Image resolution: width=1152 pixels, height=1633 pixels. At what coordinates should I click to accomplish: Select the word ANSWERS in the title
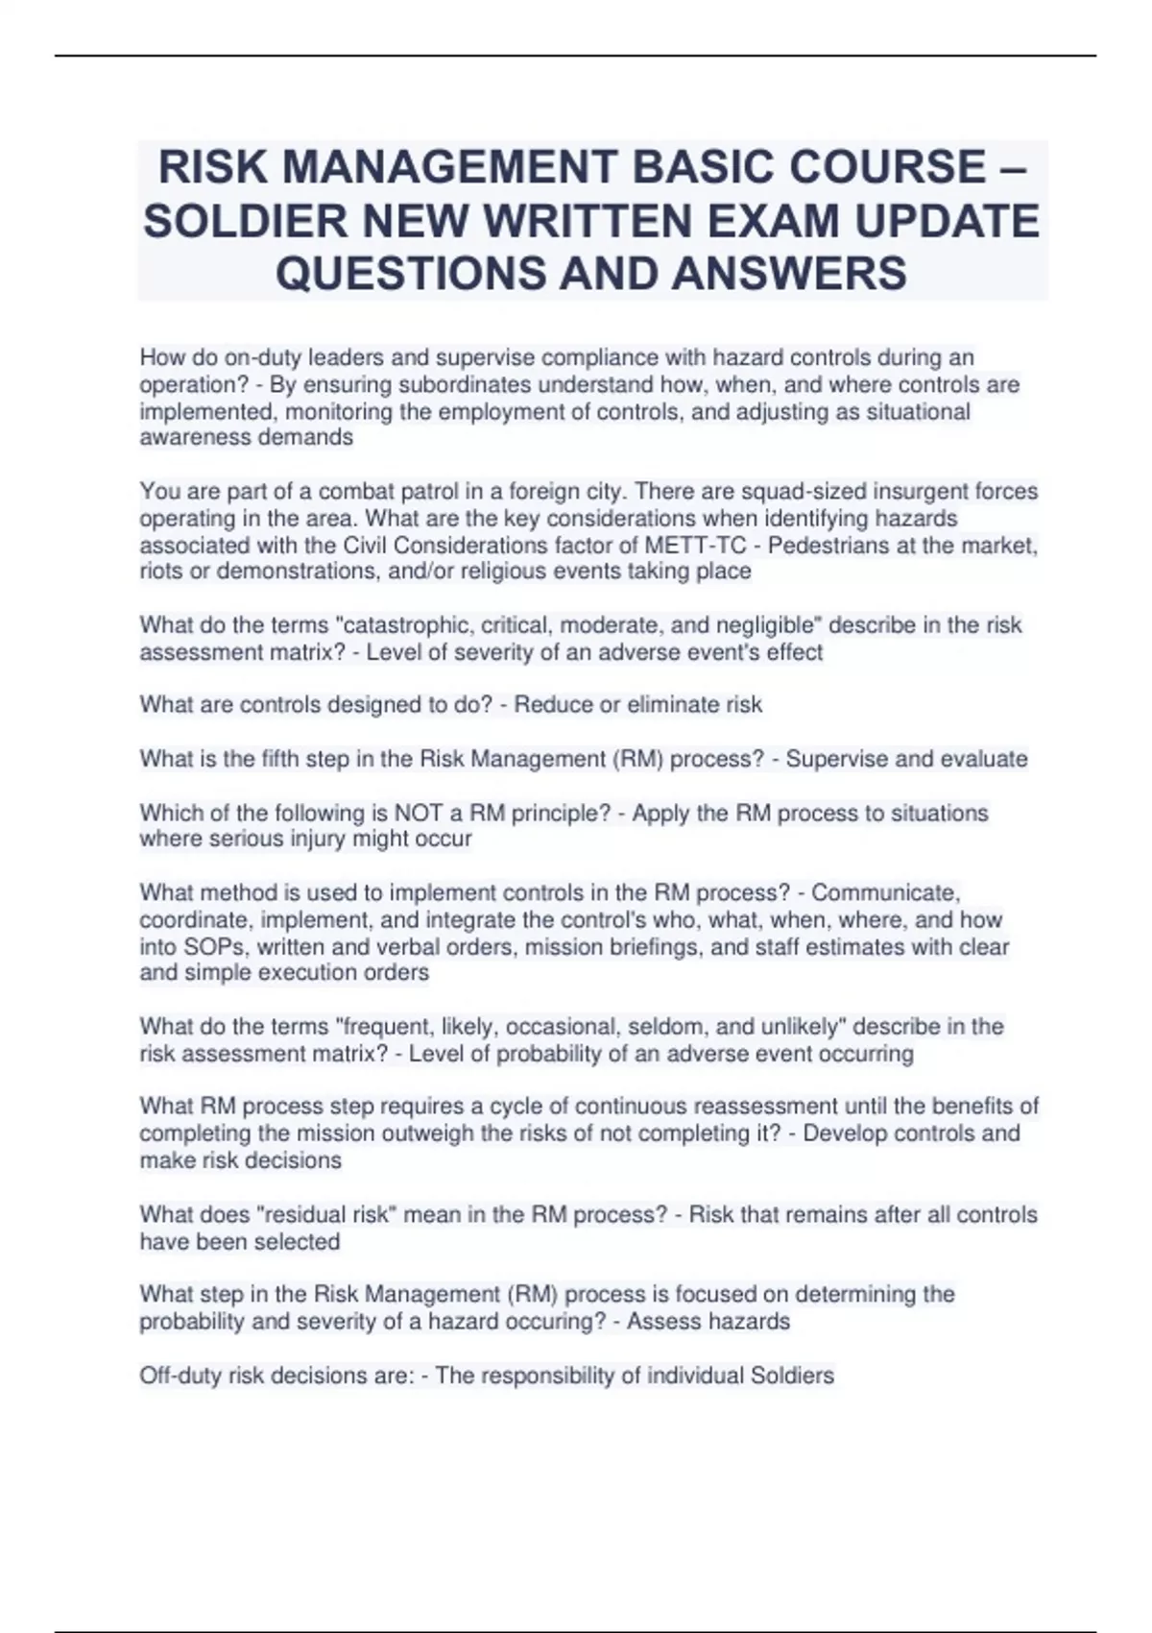click(x=789, y=273)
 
